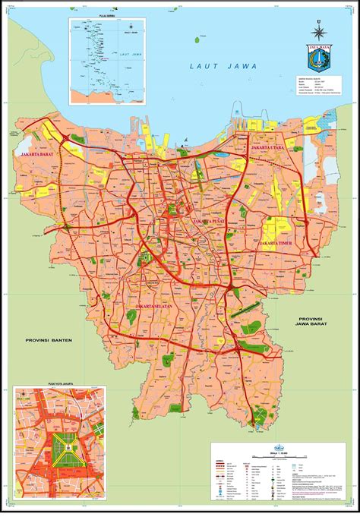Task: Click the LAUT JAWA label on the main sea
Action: pyautogui.click(x=215, y=68)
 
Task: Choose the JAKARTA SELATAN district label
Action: pyautogui.click(x=156, y=306)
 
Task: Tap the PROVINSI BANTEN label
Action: pyautogui.click(x=48, y=340)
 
